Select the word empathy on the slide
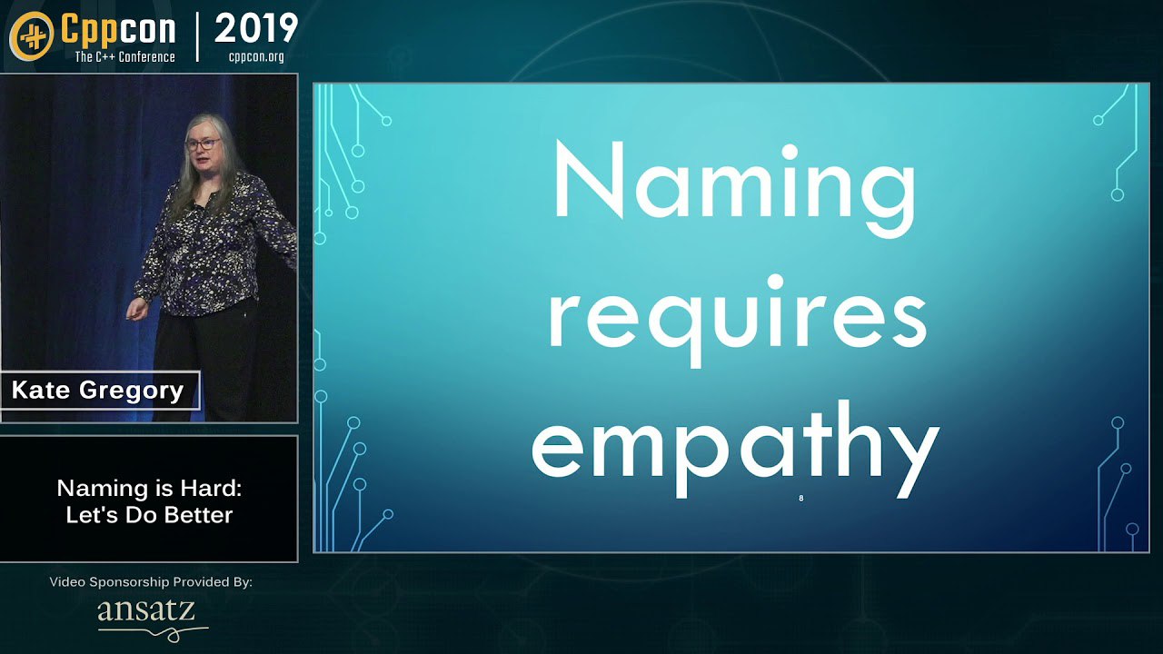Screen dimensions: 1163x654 [736, 450]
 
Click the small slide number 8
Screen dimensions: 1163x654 [801, 499]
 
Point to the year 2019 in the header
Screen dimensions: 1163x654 [256, 29]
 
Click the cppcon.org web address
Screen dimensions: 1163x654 [256, 56]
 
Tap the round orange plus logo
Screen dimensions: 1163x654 [31, 36]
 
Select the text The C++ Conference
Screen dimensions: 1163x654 [124, 56]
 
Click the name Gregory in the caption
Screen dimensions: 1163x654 [132, 391]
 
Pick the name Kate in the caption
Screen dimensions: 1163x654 [41, 390]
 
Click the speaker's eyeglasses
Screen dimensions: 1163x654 [203, 144]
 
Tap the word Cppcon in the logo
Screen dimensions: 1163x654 [118, 30]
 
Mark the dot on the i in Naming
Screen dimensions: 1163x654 [790, 152]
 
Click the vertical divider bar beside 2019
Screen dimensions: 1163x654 [197, 37]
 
